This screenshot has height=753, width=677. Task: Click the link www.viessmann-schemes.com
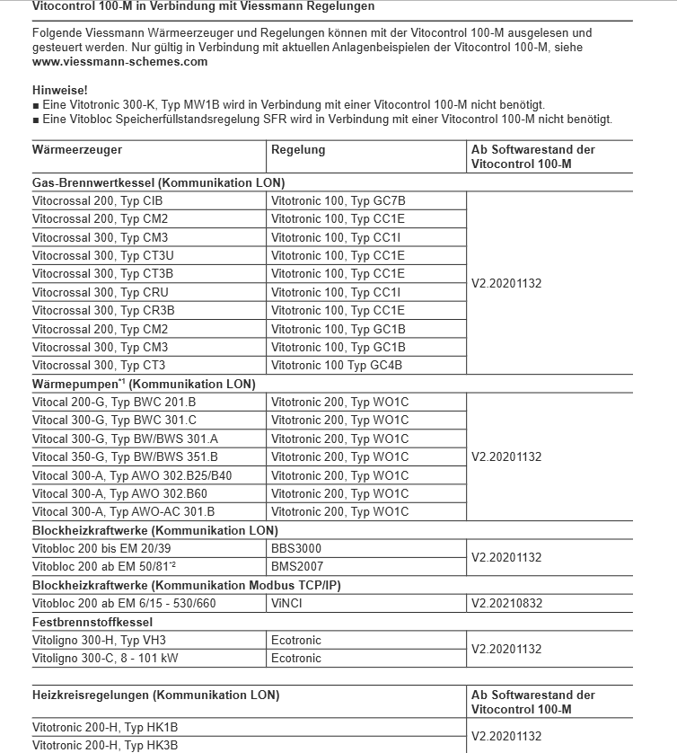pyautogui.click(x=119, y=62)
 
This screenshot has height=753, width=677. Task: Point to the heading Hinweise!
pyautogui.click(x=59, y=91)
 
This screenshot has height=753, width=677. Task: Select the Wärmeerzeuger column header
pyautogui.click(x=77, y=150)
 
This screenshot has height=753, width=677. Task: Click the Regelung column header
pyautogui.click(x=298, y=150)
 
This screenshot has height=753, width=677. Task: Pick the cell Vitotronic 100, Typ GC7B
pyautogui.click(x=338, y=200)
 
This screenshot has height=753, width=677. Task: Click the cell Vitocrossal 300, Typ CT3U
pyautogui.click(x=102, y=255)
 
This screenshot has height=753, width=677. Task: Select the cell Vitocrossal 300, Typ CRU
pyautogui.click(x=100, y=292)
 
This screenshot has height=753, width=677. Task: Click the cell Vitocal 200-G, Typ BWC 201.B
pyautogui.click(x=114, y=403)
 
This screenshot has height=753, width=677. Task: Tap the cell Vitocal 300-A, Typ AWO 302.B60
pyautogui.click(x=119, y=494)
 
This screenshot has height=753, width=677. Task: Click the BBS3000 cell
pyautogui.click(x=296, y=548)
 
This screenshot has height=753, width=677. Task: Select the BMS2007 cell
pyautogui.click(x=297, y=567)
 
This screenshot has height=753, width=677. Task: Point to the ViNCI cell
pyautogui.click(x=287, y=604)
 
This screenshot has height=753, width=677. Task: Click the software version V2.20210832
pyautogui.click(x=506, y=604)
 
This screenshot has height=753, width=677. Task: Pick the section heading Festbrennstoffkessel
pyautogui.click(x=92, y=622)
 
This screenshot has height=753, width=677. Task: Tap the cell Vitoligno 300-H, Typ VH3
pyautogui.click(x=99, y=641)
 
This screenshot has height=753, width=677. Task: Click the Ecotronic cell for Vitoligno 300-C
pyautogui.click(x=296, y=659)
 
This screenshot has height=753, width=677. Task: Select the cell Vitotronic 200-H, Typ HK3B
pyautogui.click(x=105, y=745)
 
